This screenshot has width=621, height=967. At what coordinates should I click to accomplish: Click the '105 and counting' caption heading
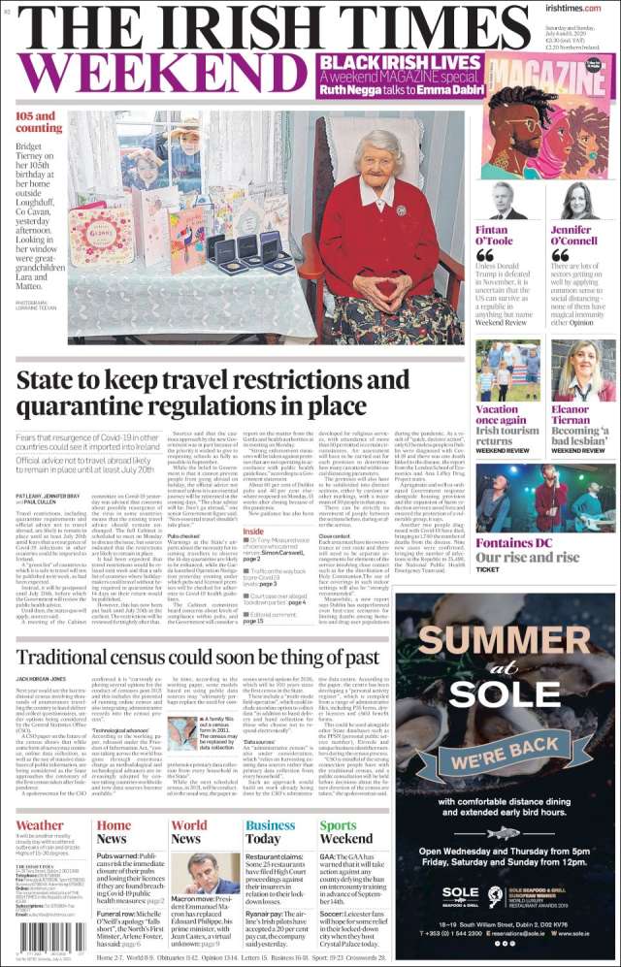tap(39, 122)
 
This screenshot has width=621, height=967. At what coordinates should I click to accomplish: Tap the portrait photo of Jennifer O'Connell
tap(579, 201)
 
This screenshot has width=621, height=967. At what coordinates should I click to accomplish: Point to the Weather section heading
tap(40, 826)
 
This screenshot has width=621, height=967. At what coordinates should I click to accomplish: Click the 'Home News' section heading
tap(113, 832)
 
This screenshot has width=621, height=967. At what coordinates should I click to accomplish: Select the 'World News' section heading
tap(188, 832)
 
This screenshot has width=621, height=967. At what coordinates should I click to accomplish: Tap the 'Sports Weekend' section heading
tap(345, 832)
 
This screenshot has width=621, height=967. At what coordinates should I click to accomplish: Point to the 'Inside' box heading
tap(253, 532)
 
